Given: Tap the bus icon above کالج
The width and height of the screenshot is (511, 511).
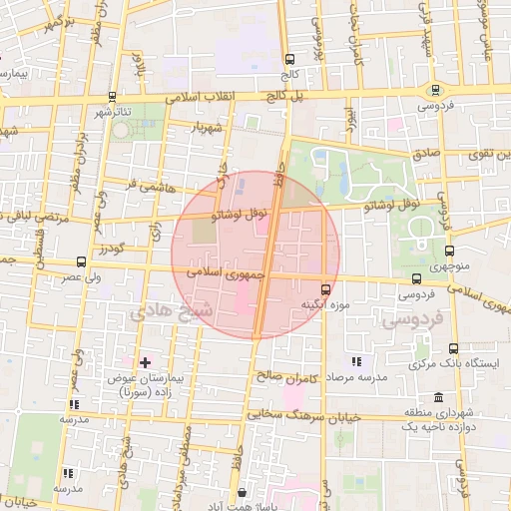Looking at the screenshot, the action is point(289,59).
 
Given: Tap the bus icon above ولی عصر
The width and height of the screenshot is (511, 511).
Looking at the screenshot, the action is point(81,261).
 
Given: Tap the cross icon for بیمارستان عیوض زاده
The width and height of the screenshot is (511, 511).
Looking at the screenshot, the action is point(146,361).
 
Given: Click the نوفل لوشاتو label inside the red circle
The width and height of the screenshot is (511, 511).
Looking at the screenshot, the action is point(242,214).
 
